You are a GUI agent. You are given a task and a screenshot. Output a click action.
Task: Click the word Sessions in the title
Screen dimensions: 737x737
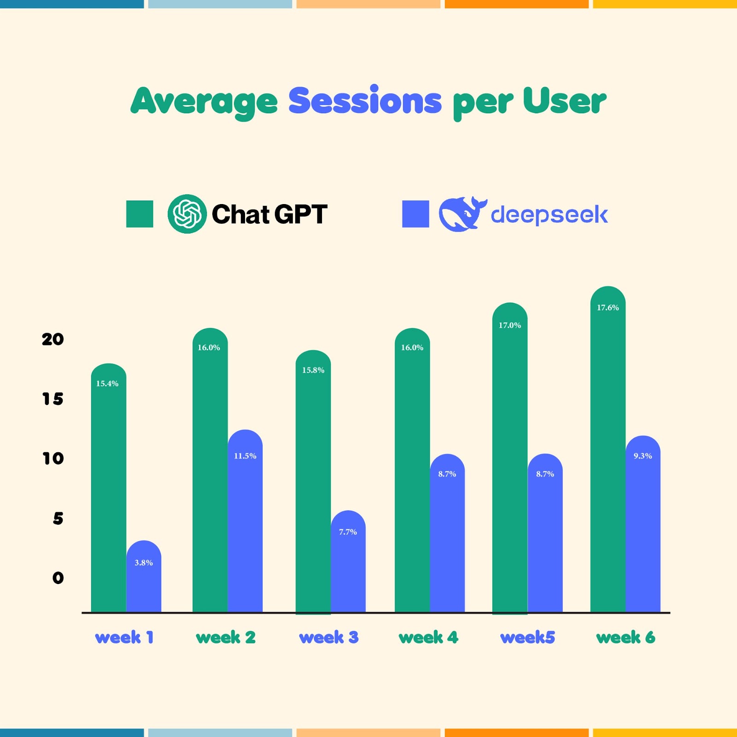(365, 101)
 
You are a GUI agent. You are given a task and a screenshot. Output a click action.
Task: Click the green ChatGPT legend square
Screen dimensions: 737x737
(140, 214)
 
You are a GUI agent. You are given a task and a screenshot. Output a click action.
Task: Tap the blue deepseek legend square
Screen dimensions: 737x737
(415, 214)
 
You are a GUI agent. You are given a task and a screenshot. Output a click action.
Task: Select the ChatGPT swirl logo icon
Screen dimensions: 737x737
(187, 214)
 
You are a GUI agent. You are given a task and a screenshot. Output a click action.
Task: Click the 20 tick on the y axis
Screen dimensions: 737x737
(53, 339)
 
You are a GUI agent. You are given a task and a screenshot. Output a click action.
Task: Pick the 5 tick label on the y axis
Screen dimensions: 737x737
(58, 519)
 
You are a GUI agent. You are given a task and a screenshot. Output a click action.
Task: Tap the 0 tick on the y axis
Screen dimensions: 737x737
(58, 578)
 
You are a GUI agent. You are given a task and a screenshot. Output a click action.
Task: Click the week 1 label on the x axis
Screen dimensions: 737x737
(124, 638)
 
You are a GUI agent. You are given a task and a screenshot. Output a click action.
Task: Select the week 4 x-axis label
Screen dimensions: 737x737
(428, 638)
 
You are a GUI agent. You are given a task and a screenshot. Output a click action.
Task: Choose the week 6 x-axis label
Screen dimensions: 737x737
(626, 638)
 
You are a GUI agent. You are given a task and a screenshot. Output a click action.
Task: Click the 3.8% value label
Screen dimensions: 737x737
(144, 562)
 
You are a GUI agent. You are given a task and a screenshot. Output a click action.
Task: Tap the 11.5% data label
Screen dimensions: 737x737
(245, 456)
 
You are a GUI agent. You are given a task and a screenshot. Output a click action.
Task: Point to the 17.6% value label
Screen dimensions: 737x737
(608, 308)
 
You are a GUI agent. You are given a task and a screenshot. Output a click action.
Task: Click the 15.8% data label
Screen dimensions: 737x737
(313, 370)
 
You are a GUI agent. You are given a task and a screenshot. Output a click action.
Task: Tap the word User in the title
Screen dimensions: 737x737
(564, 101)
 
